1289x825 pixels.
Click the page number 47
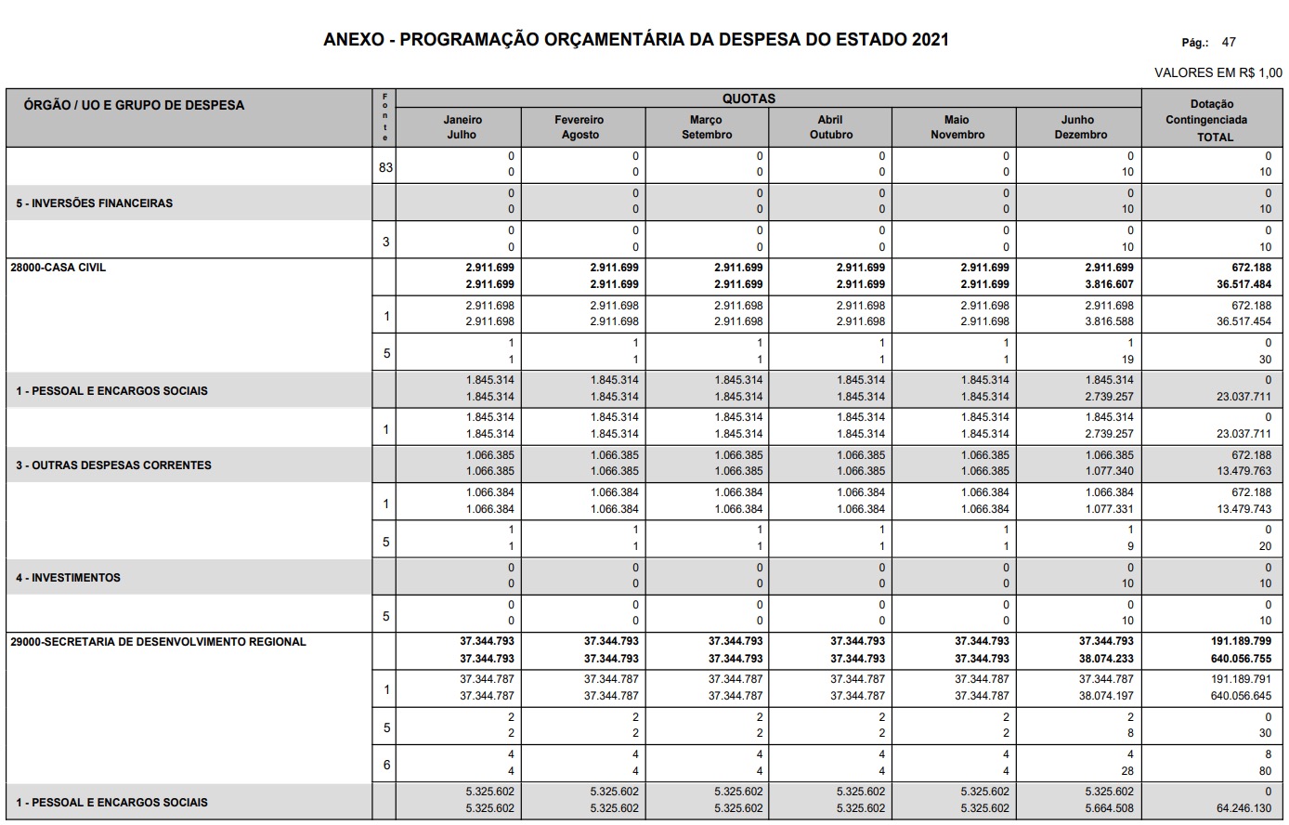[x=1229, y=43]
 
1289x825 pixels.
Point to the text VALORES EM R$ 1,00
[x=1217, y=72]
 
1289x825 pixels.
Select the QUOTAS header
[x=749, y=98]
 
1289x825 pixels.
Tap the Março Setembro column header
[x=707, y=127]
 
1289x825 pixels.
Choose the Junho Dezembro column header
[x=1080, y=127]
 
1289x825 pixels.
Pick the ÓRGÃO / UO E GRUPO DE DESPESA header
[x=134, y=105]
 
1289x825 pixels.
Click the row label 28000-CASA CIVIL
[x=59, y=268]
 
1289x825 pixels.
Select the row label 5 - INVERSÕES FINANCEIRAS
[x=94, y=203]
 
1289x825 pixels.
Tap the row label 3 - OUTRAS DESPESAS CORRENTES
[x=113, y=465]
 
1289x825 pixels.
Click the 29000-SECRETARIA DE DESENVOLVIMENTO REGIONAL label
[x=158, y=642]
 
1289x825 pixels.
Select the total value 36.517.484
[x=1243, y=284]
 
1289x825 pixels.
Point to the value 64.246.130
[x=1243, y=808]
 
